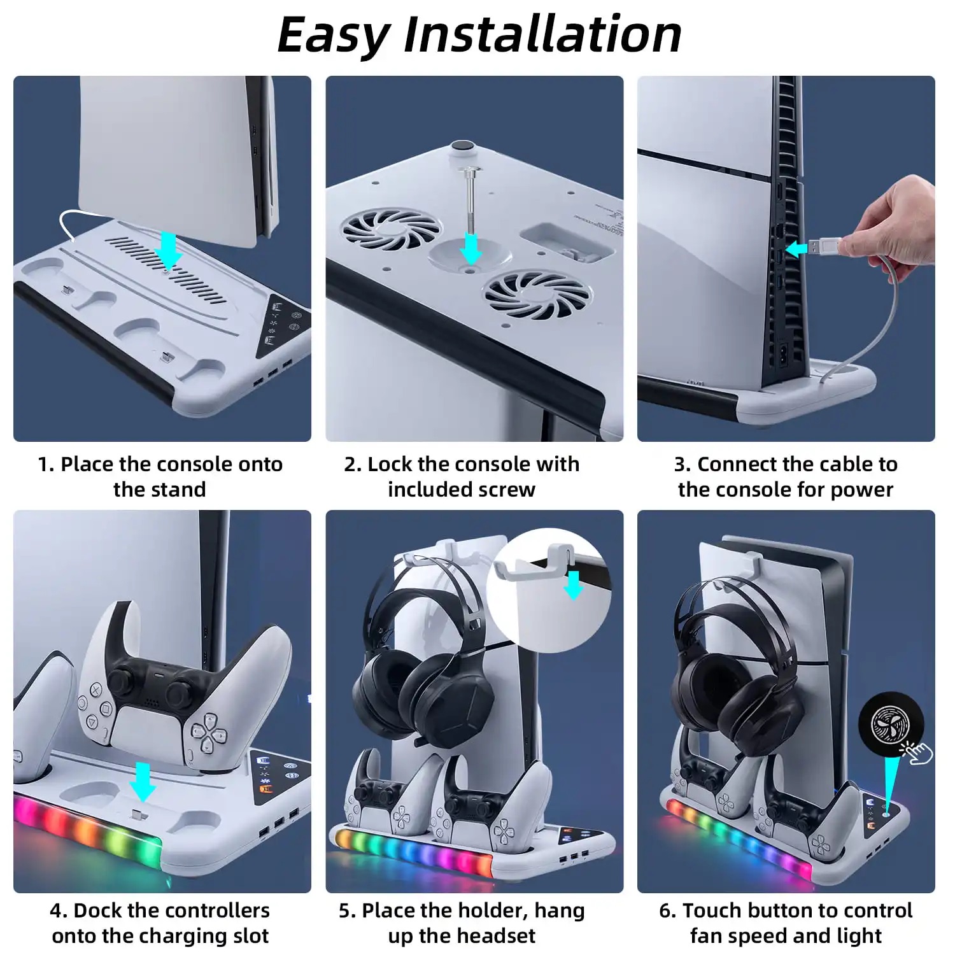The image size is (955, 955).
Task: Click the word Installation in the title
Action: (542, 34)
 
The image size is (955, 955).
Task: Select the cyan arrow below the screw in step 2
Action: (470, 249)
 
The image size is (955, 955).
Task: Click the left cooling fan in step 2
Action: (391, 229)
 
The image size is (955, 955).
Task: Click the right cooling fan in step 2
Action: (536, 294)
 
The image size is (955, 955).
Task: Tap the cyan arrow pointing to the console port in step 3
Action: (796, 250)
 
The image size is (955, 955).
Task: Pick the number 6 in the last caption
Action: (665, 911)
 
